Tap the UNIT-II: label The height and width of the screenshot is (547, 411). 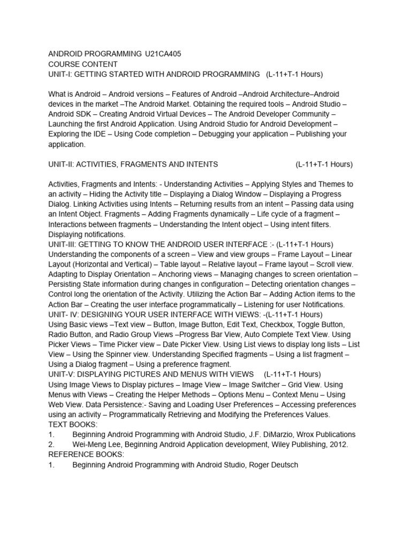[62, 164]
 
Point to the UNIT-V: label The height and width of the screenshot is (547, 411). [63, 374]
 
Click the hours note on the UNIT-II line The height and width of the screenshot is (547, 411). [324, 164]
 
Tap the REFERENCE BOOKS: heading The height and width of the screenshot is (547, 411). [86, 455]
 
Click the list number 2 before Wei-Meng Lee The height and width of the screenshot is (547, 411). [51, 444]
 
